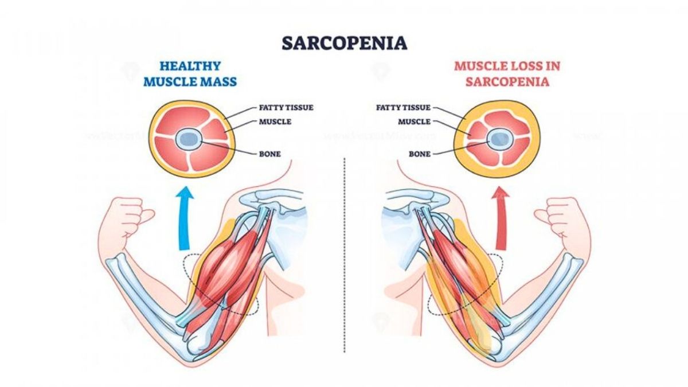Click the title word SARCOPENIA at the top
coord(344,44)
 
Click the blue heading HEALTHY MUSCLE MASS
coord(190,74)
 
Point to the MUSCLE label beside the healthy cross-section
coord(275,122)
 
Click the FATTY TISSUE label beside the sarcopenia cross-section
coord(403,107)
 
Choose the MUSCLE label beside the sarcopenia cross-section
coord(413,122)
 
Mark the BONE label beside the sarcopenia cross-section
coord(419,154)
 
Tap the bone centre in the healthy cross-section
coord(188,138)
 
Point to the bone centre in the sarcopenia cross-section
coord(499,138)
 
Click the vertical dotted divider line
coord(344,258)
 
